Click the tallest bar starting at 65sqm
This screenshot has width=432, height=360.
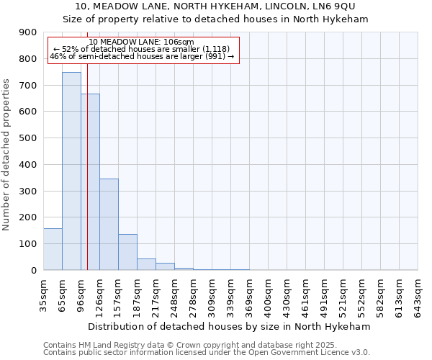71,171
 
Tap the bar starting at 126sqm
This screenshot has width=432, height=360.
109,224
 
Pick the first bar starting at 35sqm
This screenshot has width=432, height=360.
53,249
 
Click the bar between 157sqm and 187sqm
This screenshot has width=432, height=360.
127,252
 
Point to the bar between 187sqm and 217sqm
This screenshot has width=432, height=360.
146,264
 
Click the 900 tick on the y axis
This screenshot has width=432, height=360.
29,32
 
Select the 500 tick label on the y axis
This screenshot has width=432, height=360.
29,138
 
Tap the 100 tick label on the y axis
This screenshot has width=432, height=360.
29,244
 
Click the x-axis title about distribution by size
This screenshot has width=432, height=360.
230,326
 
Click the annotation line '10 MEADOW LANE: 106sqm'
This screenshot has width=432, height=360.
142,42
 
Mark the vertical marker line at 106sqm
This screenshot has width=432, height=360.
87,166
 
